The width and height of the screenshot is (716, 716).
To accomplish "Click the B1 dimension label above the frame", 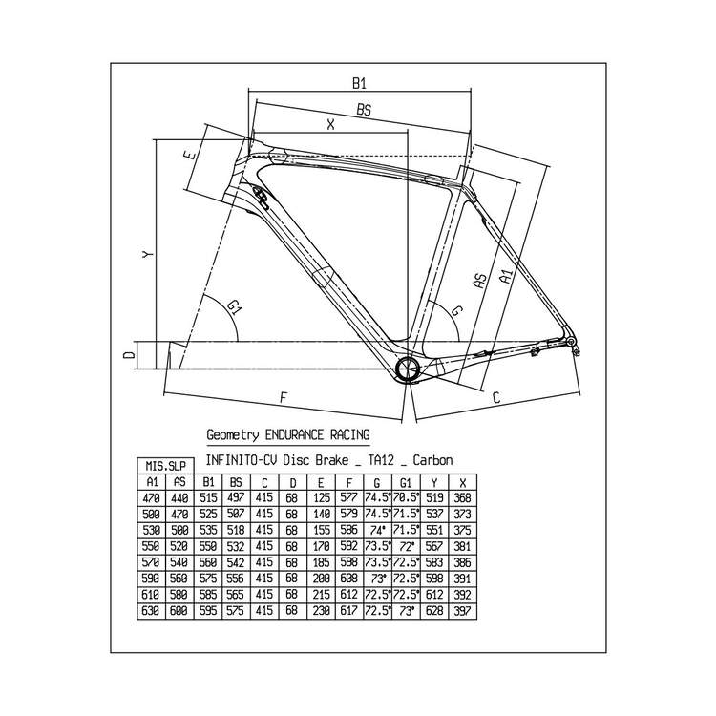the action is point(359,83).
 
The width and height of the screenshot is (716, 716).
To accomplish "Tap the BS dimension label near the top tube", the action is point(364,110).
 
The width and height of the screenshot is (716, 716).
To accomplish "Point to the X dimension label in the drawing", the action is point(331,124).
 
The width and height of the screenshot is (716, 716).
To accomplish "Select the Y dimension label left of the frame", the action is point(147,254).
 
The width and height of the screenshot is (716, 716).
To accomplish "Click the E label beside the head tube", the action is point(190,155).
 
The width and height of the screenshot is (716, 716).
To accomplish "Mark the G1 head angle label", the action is point(234,306).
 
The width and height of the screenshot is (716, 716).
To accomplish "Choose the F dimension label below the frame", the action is point(284,397).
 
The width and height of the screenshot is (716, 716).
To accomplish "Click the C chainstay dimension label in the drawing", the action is point(496,397).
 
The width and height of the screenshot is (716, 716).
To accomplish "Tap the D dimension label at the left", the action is point(130,354).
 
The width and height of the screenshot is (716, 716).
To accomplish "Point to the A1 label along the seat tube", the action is point(506,276).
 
